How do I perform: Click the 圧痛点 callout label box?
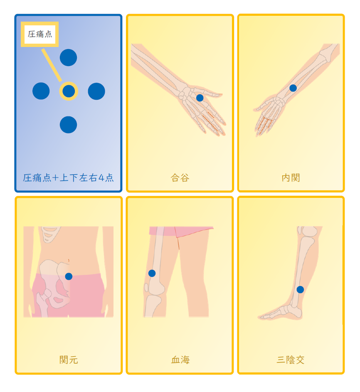pos(40,34)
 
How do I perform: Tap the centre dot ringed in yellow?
pos(69,91)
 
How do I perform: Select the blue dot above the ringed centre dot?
pos(68,57)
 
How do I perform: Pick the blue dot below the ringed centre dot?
pos(68,124)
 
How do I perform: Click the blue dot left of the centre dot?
pos(41,91)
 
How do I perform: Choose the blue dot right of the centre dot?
pos(96,91)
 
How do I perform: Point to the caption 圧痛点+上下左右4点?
pos(68,178)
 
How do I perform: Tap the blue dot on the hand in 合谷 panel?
pos(200,98)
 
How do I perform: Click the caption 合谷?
pos(180,178)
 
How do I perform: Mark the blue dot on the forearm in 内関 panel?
pos(293,88)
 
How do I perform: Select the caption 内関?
pos(291,178)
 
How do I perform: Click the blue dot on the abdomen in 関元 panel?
pos(69,276)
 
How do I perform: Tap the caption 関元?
pos(69,360)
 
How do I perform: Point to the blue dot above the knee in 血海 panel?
pos(152,273)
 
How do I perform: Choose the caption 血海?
pos(180,360)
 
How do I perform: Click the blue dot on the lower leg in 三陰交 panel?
pos(300,289)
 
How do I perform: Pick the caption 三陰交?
pos(291,360)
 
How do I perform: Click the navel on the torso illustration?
pos(69,261)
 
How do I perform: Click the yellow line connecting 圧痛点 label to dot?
pos(52,65)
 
